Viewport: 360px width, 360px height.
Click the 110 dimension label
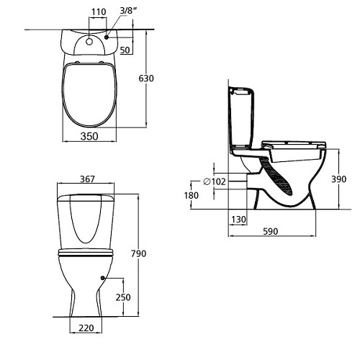click(99, 12)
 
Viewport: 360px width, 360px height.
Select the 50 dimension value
click(125, 50)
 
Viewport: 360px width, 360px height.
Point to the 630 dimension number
click(146, 78)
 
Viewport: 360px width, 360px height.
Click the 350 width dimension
click(89, 136)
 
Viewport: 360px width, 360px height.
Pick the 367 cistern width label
click(87, 179)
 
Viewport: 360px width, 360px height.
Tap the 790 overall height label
click(138, 253)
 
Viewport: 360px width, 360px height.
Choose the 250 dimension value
click(123, 297)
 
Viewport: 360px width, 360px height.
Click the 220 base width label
click(86, 328)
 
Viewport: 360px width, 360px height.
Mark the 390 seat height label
click(339, 179)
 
